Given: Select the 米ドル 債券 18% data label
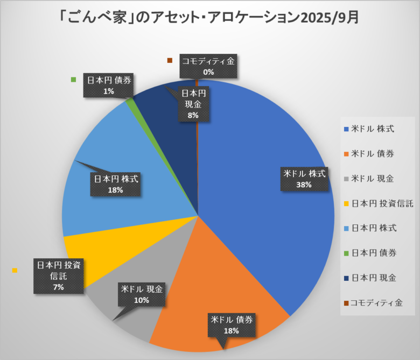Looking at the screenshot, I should tap(231, 325).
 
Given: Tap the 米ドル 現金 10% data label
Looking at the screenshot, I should tap(142, 295).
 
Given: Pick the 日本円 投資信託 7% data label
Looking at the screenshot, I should tap(58, 276).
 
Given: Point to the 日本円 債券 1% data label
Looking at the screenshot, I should tap(109, 86).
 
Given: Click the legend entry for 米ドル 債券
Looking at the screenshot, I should tap(372, 153).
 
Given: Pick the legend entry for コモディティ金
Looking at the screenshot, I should tap(375, 303).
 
